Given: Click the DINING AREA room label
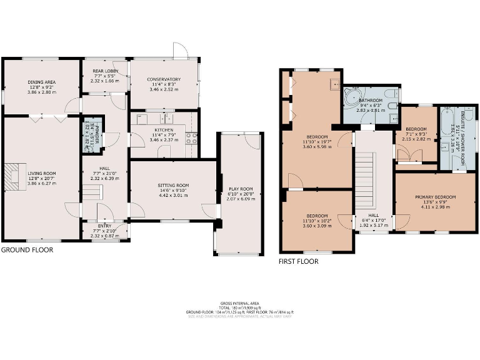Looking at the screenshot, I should click(x=41, y=82).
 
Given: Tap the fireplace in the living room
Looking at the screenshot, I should click(x=13, y=174).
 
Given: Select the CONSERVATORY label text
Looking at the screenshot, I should click(x=164, y=79).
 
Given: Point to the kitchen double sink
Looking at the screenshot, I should click(x=166, y=117).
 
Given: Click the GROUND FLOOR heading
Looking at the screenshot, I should click(x=27, y=249).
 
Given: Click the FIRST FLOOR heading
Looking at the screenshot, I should click(x=298, y=262).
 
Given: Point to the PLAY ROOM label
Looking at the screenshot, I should click(x=240, y=188).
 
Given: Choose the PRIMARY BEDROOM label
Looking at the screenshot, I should click(x=435, y=197).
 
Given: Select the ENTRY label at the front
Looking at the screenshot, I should click(x=104, y=226).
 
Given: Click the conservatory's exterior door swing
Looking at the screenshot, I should click(x=180, y=51).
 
